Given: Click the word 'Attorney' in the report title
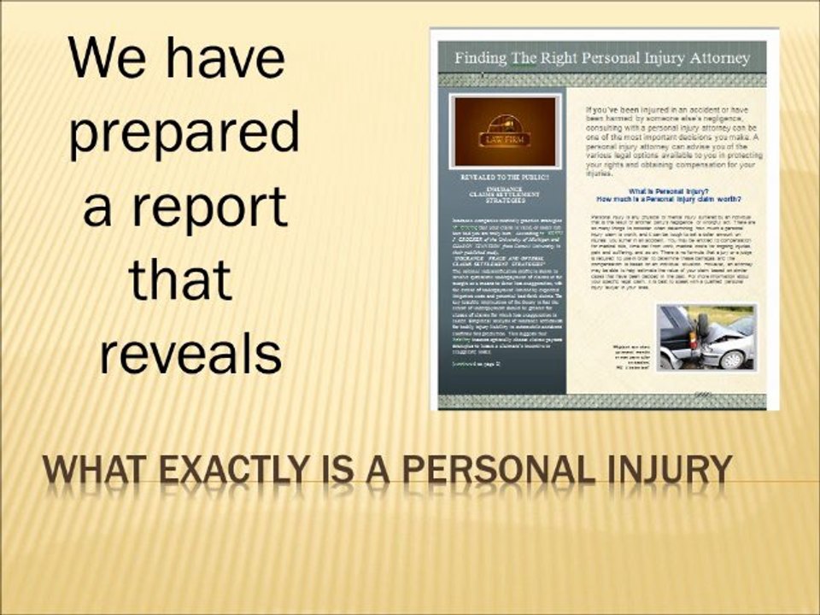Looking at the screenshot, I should pos(710,59).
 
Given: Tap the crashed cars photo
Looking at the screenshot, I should pos(706,337).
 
